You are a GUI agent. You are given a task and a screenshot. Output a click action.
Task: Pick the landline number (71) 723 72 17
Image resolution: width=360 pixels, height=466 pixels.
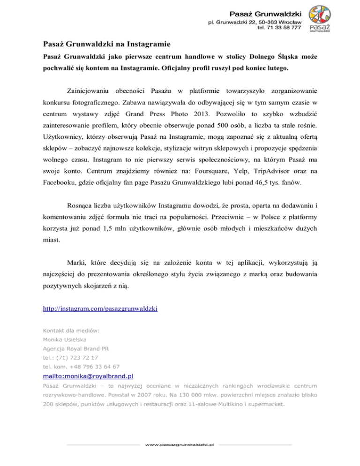coord(76,357)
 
